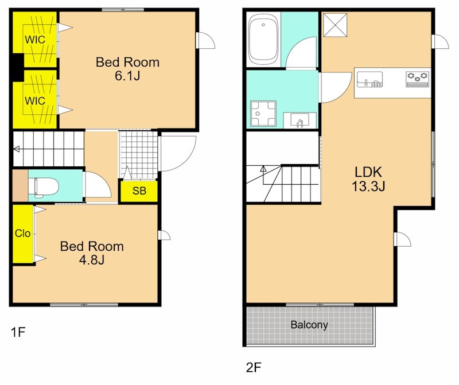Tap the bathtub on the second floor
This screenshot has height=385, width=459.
[x=263, y=40]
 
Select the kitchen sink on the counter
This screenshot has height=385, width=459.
[x=369, y=79]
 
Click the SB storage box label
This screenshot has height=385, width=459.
[x=139, y=191]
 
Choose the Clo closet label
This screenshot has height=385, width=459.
[x=22, y=234]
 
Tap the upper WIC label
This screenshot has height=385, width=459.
[x=35, y=40]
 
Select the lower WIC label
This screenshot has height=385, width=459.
[x=35, y=101]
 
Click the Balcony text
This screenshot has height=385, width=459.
[x=309, y=325]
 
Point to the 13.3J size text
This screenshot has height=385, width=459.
[x=368, y=186]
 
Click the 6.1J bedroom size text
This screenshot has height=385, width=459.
[x=127, y=76]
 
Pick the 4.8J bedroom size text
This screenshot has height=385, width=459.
[x=92, y=260]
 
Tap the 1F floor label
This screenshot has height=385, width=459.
[x=18, y=332]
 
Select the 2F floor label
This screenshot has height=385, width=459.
[x=254, y=367]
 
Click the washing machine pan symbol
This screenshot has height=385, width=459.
[x=263, y=114]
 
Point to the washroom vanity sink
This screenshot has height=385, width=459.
[x=300, y=120]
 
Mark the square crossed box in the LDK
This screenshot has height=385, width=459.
[x=335, y=25]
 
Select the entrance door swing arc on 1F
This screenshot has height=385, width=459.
[x=184, y=160]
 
